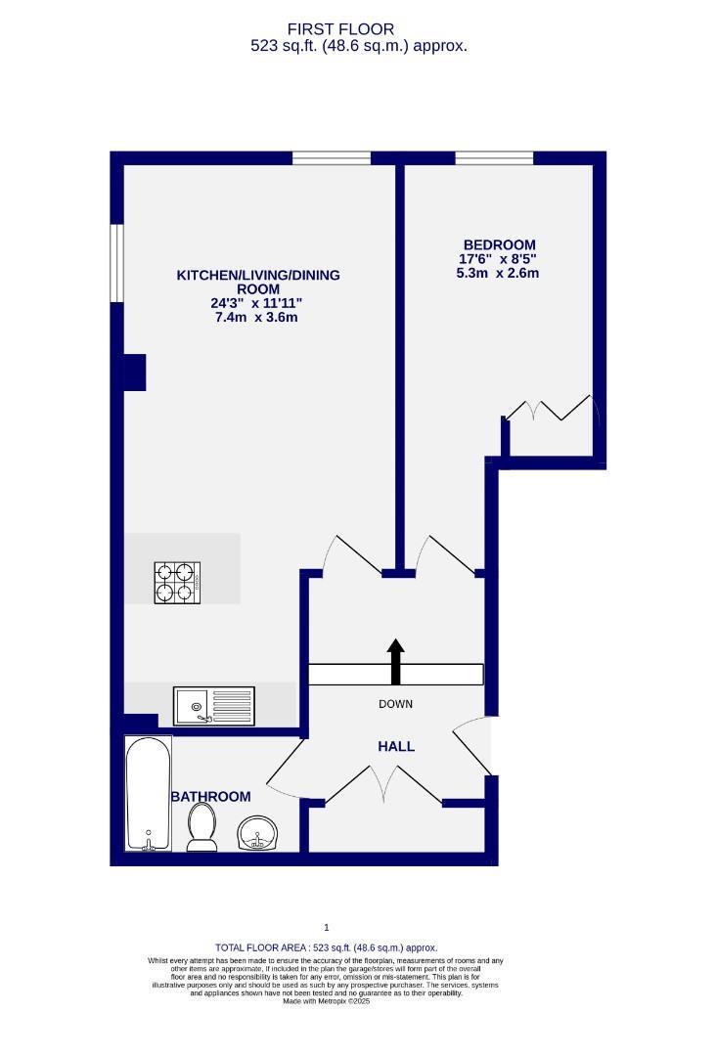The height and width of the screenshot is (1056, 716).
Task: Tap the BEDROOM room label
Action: pos(499,245)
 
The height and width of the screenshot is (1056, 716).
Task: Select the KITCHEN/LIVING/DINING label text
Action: pos(258,276)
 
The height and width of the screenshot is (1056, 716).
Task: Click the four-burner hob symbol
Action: pos(177,582)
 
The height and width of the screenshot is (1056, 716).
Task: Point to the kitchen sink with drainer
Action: pos(213,705)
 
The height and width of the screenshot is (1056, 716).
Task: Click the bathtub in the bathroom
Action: pos(149,793)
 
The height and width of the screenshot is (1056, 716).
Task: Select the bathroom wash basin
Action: pos(259,834)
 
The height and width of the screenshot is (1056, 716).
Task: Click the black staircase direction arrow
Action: pos(395,662)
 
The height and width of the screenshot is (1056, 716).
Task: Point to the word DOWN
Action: pos(395,704)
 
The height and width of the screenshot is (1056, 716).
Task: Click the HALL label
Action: pos(396,746)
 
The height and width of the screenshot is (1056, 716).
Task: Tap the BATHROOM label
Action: pos(210,797)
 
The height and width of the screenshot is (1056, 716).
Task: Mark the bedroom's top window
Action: pos(494,157)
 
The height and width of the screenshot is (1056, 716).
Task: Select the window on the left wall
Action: pos(117,263)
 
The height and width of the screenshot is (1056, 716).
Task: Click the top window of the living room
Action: pos(332,157)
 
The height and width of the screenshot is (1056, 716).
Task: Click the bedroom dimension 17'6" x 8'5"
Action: pos(499,259)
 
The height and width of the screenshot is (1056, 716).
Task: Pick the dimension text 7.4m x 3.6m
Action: pos(256,317)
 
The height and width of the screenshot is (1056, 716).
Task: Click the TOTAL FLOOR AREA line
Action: pos(327,947)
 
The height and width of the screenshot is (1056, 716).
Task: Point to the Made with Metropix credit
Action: pos(327,1001)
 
